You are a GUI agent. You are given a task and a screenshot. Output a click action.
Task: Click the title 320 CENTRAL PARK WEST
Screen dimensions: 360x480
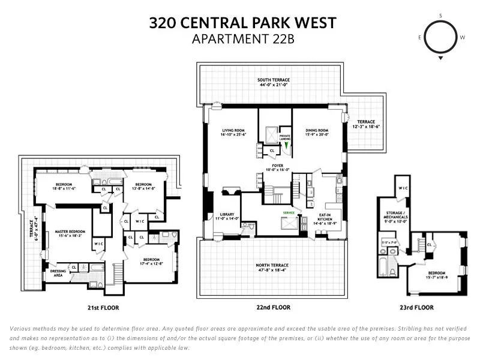pyautogui.click(x=242, y=23)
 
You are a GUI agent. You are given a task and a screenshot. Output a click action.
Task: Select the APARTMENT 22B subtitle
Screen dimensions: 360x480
pyautogui.click(x=242, y=40)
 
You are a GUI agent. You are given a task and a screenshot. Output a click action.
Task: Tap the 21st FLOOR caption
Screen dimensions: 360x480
pyautogui.click(x=101, y=308)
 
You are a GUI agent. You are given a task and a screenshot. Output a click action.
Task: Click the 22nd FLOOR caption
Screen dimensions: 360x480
pyautogui.click(x=272, y=308)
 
